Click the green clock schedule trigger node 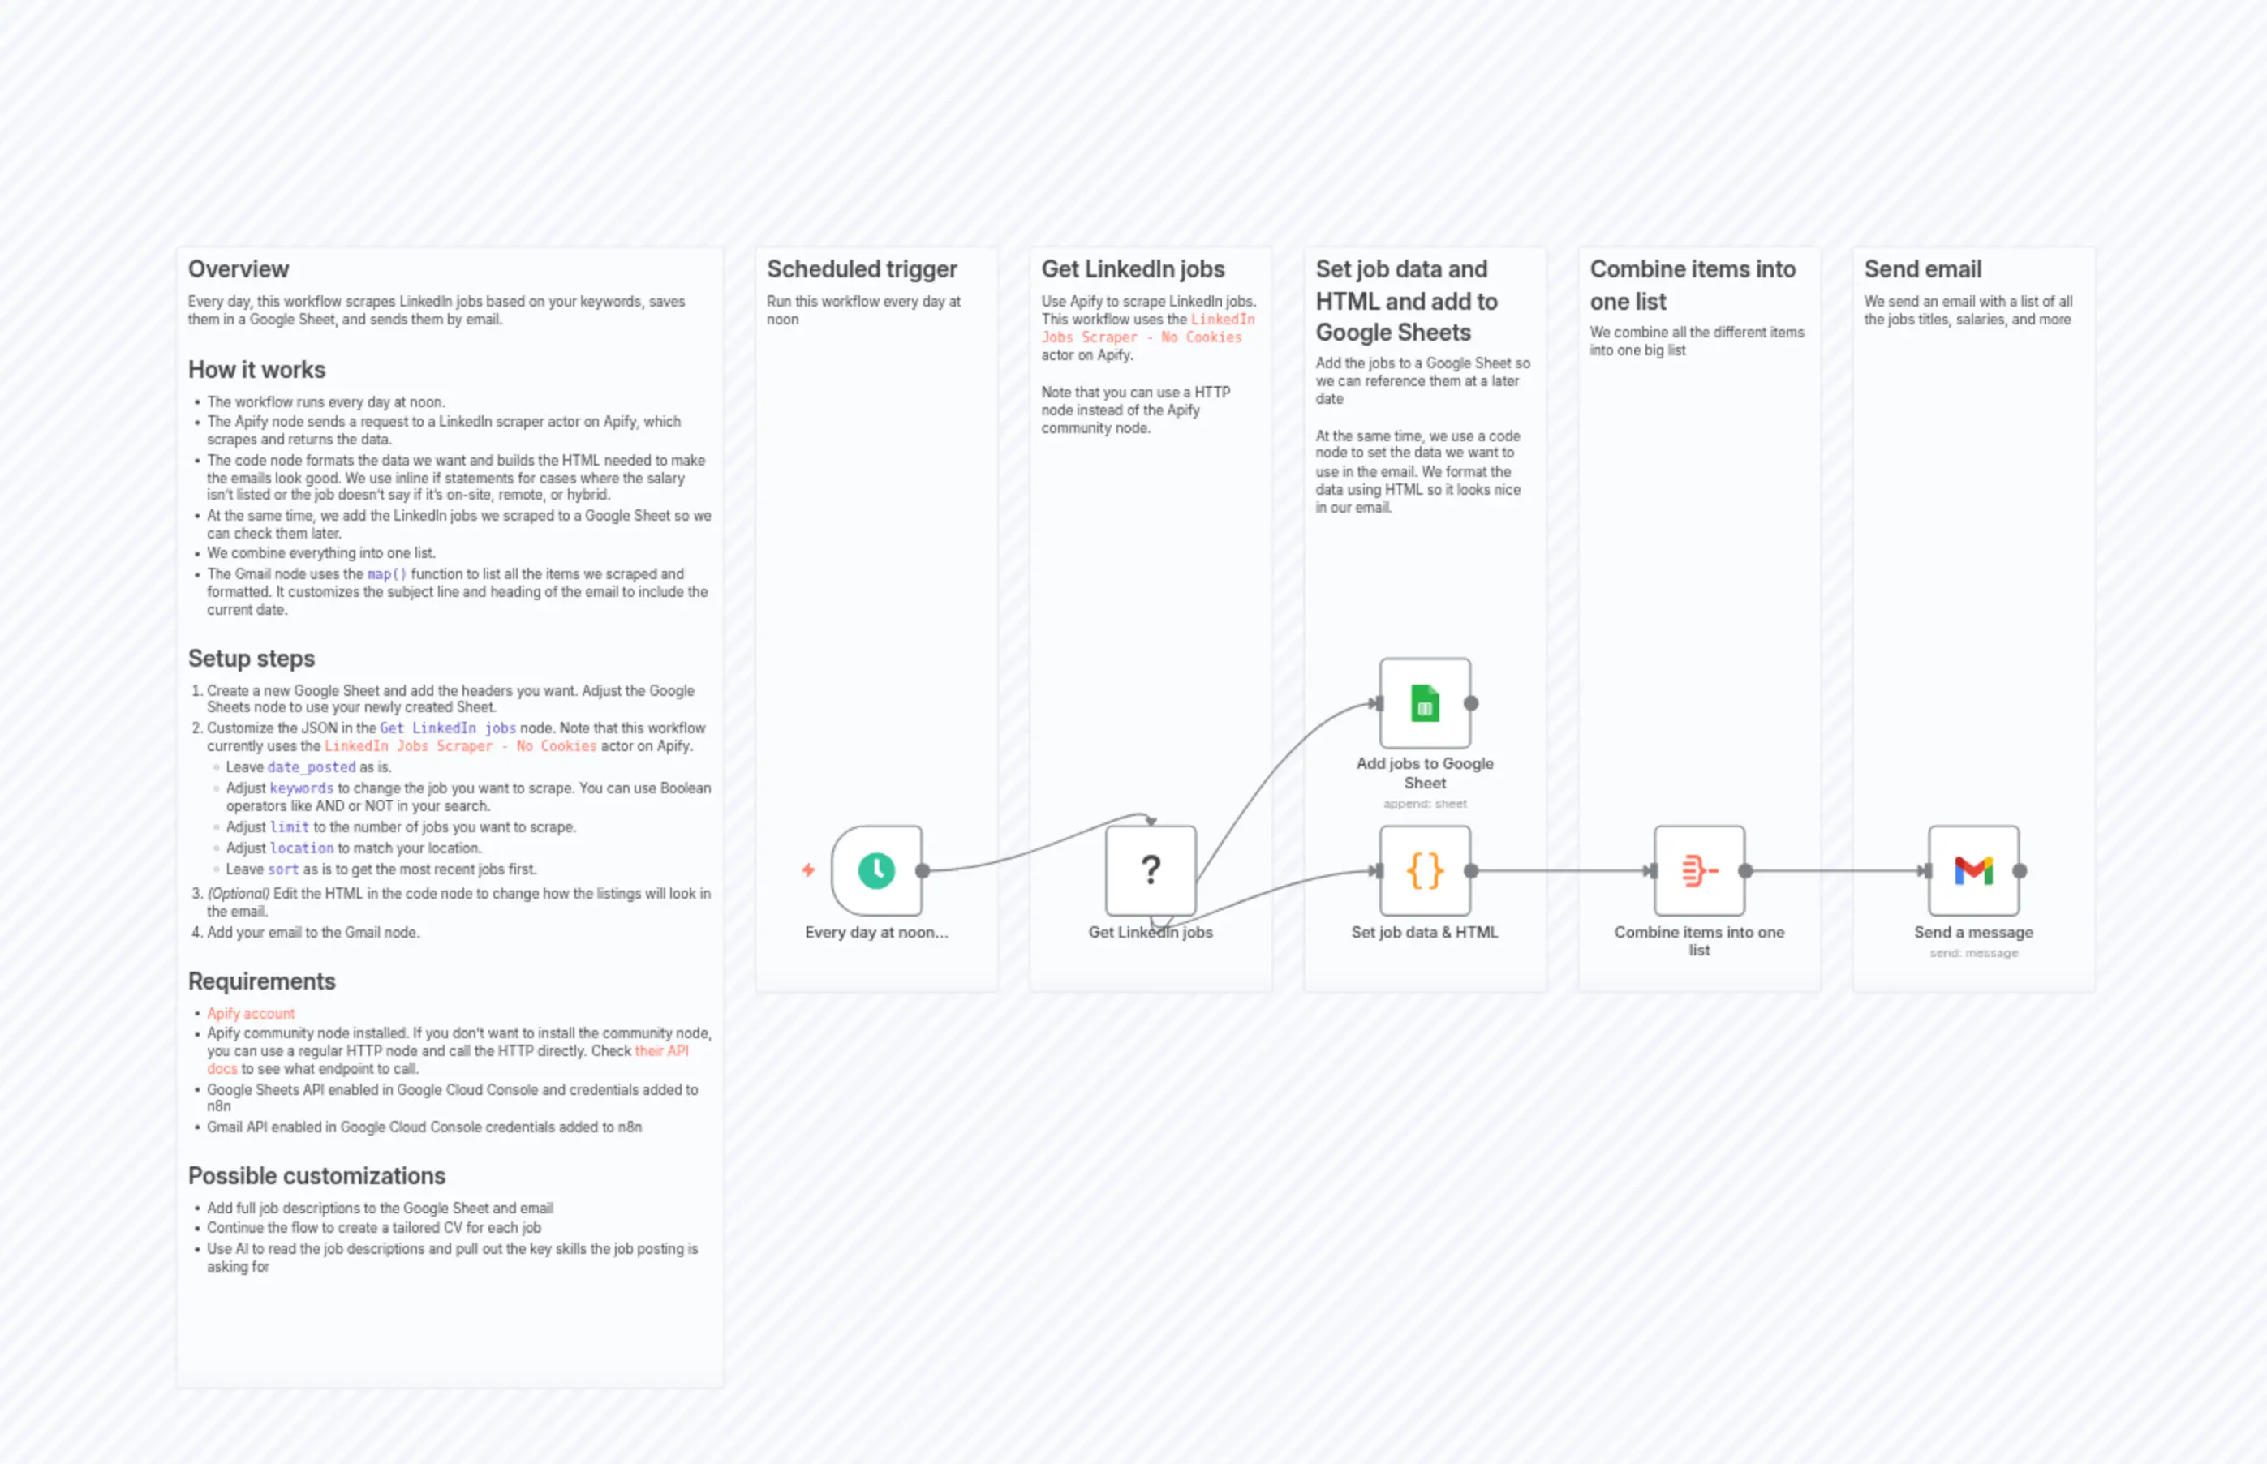coord(875,869)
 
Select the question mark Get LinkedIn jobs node coord(1150,869)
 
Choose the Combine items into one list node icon coord(1698,869)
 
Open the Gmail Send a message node coord(1973,869)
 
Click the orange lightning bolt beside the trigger coord(808,869)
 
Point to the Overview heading coord(238,269)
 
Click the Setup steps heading coord(251,658)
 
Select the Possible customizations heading coord(316,1176)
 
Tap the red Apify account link coord(251,1013)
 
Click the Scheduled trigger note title coord(862,269)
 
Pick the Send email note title coord(1922,269)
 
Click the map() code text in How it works coord(386,574)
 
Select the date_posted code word coord(311,767)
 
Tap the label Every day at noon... coord(875,933)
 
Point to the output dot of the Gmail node coord(2020,871)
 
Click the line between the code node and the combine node coord(1559,871)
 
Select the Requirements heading coord(261,981)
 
